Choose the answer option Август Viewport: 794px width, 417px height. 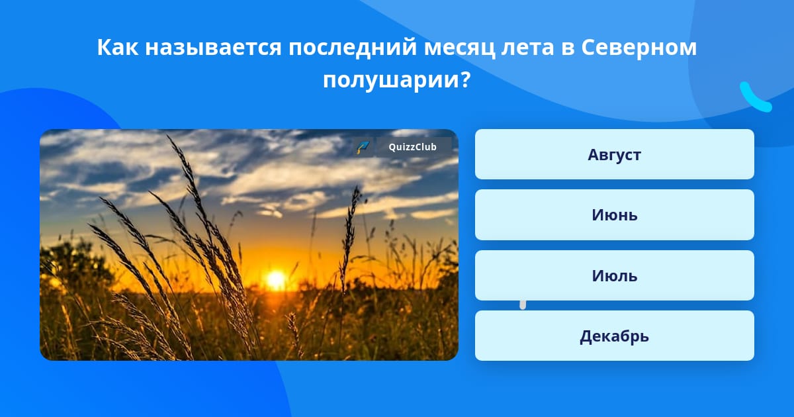click(614, 154)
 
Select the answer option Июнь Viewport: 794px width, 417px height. click(614, 214)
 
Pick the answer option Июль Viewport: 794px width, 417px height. click(614, 275)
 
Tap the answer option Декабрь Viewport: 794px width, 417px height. click(614, 336)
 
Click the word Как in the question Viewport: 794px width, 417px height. click(117, 47)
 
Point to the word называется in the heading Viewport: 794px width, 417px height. click(213, 48)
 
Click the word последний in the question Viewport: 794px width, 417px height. click(353, 48)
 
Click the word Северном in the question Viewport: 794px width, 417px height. click(639, 48)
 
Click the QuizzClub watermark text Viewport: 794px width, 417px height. click(413, 147)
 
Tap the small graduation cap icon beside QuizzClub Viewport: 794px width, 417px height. click(363, 147)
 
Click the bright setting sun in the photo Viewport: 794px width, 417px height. click(276, 279)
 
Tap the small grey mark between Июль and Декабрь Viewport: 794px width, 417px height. click(523, 305)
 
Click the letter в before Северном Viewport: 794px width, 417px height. click(568, 49)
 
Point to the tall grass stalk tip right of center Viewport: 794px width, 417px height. click(356, 189)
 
